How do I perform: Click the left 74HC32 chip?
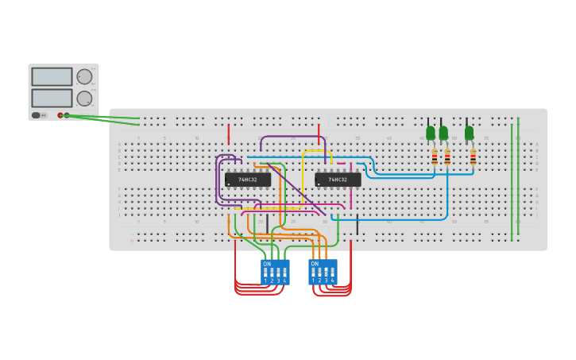[247, 180]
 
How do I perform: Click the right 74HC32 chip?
[338, 180]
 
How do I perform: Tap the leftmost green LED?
[431, 133]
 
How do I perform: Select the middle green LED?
[443, 133]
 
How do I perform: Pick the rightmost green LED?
[469, 133]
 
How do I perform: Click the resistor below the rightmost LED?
[473, 157]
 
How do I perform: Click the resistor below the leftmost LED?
[435, 157]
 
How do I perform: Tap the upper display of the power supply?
[52, 76]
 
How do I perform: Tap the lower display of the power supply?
[52, 98]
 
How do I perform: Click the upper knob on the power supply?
[83, 76]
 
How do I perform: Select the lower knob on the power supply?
[83, 98]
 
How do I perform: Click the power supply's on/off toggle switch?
[37, 115]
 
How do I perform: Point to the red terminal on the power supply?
[60, 115]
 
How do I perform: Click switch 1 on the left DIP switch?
[265, 273]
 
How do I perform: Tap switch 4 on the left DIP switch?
[284, 273]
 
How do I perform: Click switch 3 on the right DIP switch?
[326, 273]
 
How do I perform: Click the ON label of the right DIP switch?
[315, 263]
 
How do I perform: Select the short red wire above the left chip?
[229, 134]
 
